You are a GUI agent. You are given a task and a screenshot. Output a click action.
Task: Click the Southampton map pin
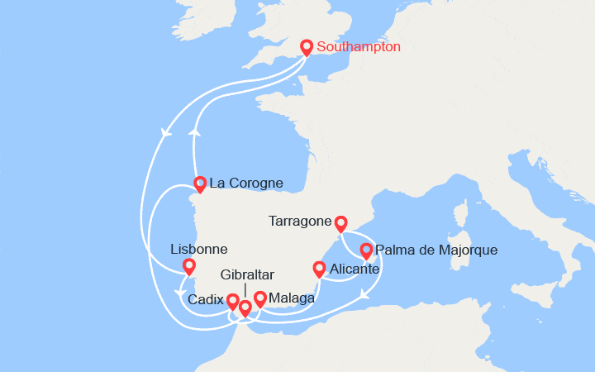(307, 48)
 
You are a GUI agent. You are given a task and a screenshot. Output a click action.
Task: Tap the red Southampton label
(359, 47)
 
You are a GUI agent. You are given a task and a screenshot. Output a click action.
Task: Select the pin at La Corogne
(199, 184)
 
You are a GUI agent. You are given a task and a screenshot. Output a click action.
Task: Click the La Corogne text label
(246, 183)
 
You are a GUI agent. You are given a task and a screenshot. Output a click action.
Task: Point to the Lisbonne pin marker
(189, 266)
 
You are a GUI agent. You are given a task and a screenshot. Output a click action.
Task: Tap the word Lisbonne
(198, 248)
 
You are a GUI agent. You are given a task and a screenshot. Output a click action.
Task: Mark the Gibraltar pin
(245, 308)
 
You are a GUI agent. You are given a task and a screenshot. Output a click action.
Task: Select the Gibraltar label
(247, 274)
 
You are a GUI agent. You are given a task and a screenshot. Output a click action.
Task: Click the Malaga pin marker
(260, 298)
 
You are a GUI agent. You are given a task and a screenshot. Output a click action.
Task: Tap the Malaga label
(291, 298)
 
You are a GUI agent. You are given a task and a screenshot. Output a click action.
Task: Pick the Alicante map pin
(319, 269)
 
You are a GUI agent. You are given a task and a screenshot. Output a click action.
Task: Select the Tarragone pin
(340, 223)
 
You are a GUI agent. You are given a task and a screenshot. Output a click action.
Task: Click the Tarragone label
(300, 222)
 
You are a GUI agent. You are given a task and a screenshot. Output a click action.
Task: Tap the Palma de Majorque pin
(366, 250)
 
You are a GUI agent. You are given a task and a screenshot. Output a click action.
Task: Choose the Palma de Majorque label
(436, 249)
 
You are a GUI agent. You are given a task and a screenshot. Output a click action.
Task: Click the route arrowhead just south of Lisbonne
(178, 292)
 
